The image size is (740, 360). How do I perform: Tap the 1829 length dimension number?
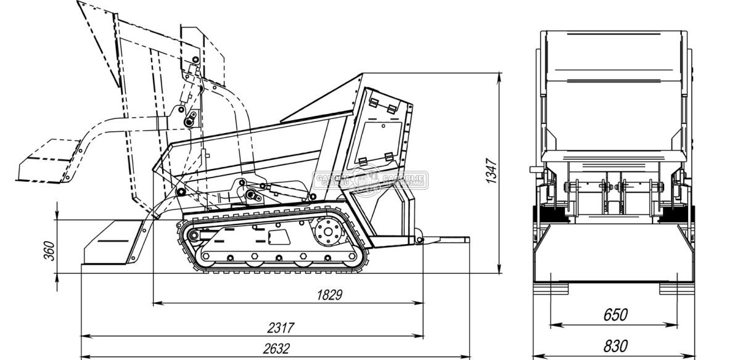pyautogui.click(x=329, y=295)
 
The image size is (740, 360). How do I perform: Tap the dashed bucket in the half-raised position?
pyautogui.click(x=46, y=162)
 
